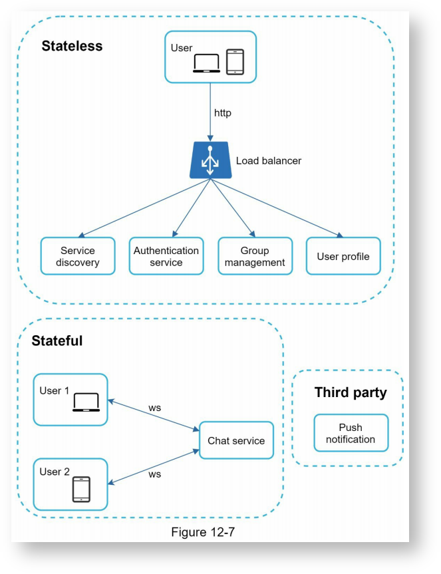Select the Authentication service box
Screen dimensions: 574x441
pos(166,256)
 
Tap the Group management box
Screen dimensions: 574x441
pos(255,256)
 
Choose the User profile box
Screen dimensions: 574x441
pos(343,256)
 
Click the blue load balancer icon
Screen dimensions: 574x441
pos(210,160)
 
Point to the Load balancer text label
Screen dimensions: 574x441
pos(269,160)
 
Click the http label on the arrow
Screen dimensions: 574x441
pos(223,113)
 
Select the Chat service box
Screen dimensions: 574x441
pos(236,440)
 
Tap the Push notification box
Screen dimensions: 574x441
pos(351,433)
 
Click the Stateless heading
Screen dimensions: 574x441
pos(72,46)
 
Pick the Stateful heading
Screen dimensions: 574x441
pos(57,341)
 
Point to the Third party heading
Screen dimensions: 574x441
pos(351,392)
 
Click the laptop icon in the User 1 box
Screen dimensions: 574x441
pos(86,402)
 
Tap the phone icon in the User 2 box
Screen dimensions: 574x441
pos(81,489)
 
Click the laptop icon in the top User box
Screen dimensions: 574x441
pos(207,63)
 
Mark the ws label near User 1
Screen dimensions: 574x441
pos(154,407)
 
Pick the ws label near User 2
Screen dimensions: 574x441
pos(154,474)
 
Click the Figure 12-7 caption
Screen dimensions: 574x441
pos(202,532)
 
